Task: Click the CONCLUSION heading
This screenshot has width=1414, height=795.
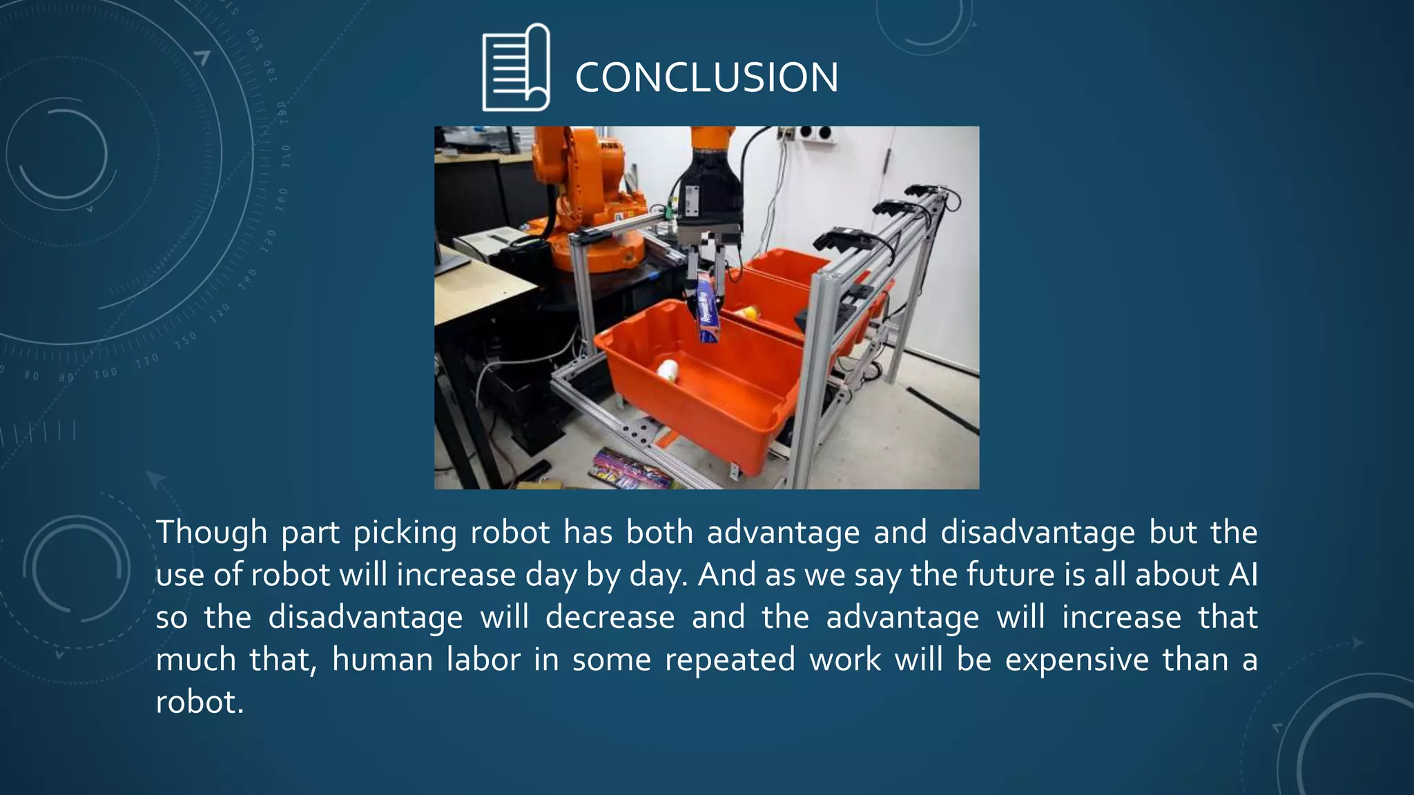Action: (706, 77)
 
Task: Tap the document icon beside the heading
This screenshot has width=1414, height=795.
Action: (516, 68)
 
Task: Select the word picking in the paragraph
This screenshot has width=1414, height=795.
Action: (405, 533)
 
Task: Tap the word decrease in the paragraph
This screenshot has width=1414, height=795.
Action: (610, 618)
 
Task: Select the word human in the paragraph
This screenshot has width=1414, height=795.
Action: (382, 660)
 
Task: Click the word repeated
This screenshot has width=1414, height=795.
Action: (730, 660)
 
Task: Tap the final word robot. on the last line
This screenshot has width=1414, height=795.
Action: (200, 703)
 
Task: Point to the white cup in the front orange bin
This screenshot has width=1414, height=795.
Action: (668, 371)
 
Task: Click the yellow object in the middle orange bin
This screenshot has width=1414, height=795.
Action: (747, 312)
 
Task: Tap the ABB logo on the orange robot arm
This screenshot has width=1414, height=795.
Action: (609, 147)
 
